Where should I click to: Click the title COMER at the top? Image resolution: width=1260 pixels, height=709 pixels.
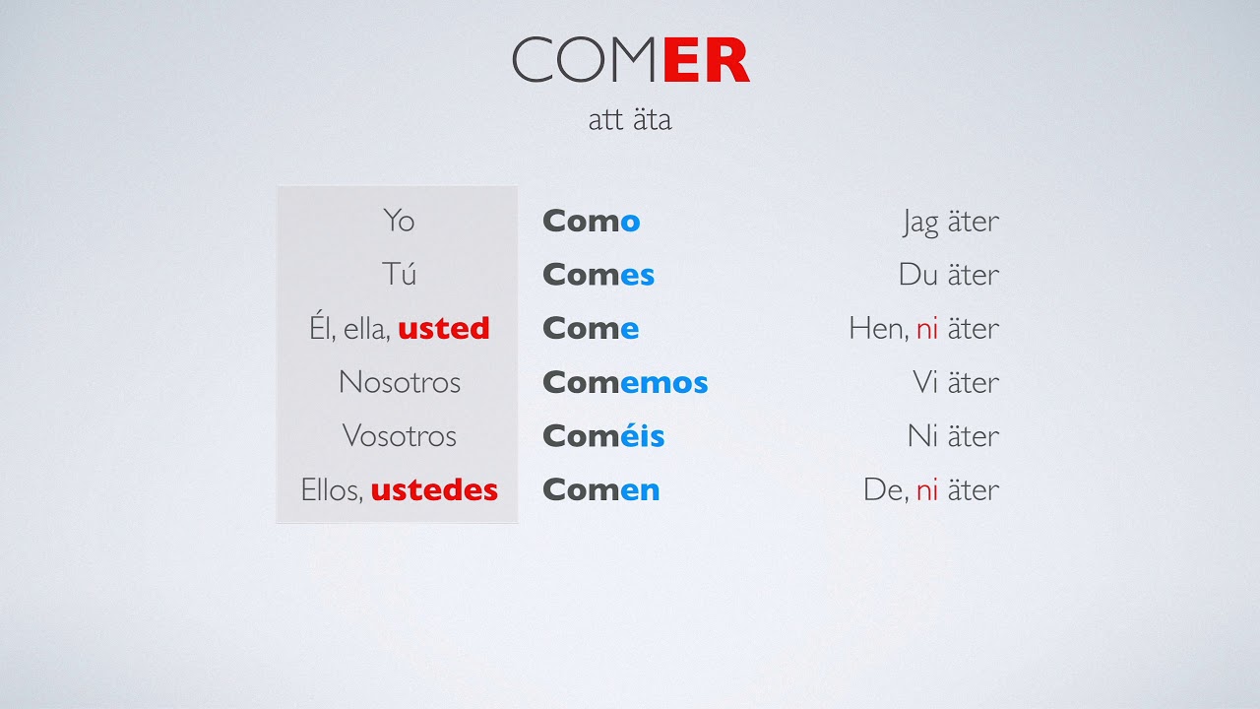click(631, 61)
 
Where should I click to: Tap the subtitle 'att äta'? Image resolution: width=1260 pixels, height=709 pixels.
click(630, 120)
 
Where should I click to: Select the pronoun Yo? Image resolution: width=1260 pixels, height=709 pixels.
click(399, 221)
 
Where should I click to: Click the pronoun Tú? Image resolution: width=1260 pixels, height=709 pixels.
click(399, 274)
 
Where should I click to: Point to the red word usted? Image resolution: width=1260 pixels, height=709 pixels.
click(443, 328)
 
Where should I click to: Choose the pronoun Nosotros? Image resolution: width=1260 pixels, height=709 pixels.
click(399, 382)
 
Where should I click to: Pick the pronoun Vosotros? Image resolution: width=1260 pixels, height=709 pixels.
click(399, 435)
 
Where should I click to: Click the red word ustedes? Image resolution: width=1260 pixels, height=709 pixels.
click(434, 489)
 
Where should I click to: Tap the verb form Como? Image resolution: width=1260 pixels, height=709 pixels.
click(591, 221)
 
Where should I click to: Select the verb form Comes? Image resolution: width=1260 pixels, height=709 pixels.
click(598, 275)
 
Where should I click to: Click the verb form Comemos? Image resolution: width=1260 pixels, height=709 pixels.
click(625, 382)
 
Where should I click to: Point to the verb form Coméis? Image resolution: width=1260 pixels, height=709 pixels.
click(603, 435)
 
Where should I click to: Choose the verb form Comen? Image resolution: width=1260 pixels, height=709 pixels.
click(600, 489)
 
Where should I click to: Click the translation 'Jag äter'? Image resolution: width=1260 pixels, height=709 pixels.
click(950, 222)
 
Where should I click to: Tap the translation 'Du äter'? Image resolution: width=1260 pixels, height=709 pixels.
click(948, 275)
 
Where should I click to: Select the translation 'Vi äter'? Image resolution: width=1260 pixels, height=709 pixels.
click(955, 382)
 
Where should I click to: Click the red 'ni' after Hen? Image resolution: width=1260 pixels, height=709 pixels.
click(926, 329)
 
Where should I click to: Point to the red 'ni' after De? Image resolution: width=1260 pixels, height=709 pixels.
click(926, 489)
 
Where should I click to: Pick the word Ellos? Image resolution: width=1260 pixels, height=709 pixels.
click(331, 489)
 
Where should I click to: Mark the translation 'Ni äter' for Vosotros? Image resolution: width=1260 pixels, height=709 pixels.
click(952, 435)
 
